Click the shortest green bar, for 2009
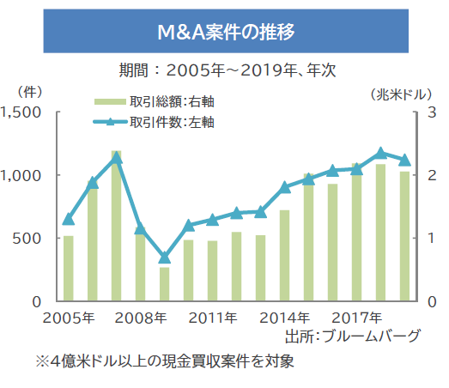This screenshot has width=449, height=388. (x=165, y=284)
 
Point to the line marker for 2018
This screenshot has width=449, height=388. (x=381, y=153)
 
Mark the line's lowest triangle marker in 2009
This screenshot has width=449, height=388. (x=165, y=258)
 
